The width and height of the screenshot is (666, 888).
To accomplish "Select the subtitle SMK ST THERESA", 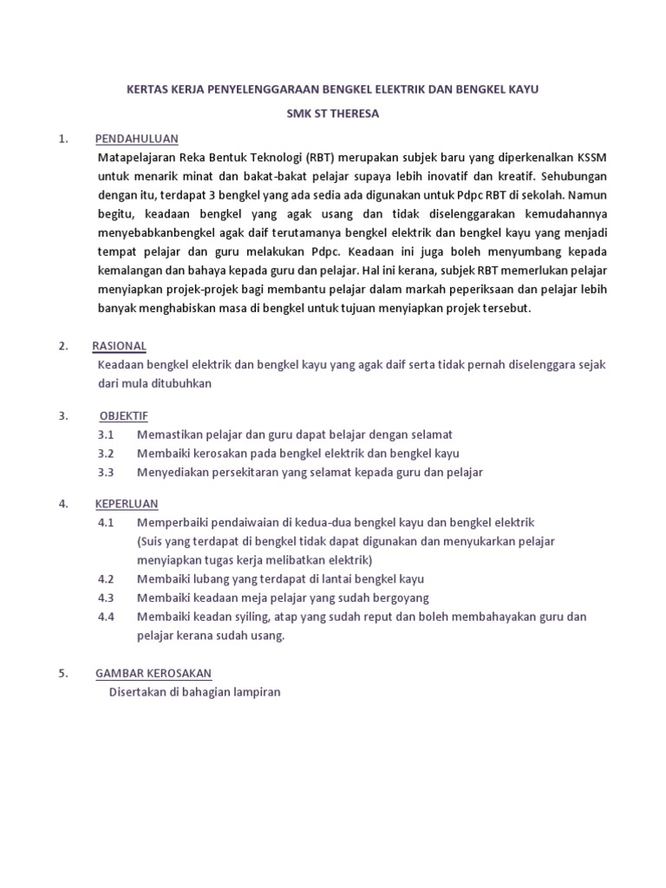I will tap(334, 114).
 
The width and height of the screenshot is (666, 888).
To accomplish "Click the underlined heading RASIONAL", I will tap(119, 346).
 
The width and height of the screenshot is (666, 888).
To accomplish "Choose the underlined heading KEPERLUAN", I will tap(127, 504).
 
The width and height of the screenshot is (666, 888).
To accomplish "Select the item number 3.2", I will tap(107, 453).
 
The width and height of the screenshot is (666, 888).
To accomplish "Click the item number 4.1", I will tap(107, 523).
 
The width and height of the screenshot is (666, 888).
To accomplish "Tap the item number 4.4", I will tap(107, 617).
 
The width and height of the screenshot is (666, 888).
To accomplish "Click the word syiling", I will tap(244, 617).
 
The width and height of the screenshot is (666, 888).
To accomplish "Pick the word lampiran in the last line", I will tap(258, 692).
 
